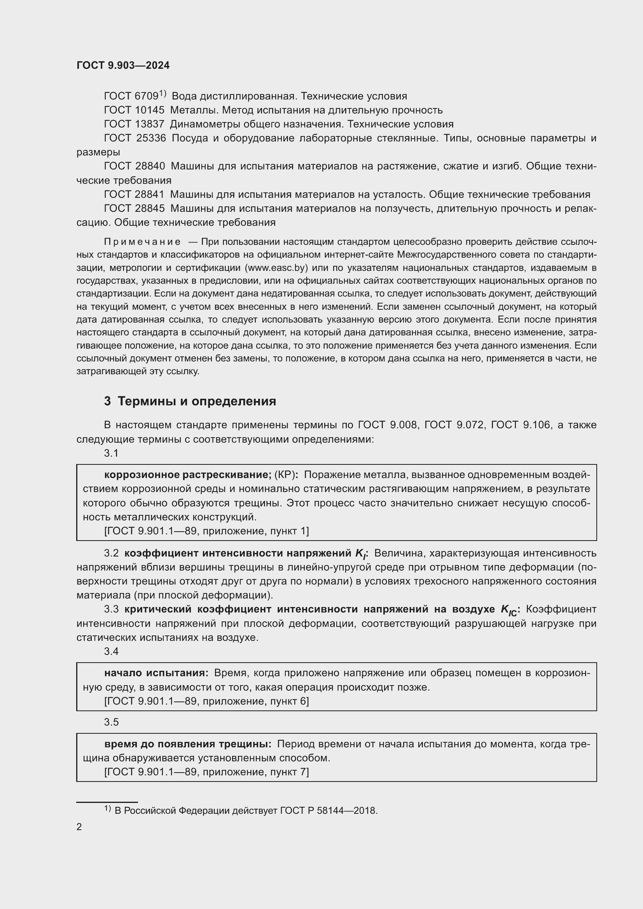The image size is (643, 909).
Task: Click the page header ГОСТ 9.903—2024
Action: [123, 65]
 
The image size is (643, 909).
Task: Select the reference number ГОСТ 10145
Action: [134, 110]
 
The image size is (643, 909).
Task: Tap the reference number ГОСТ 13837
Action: [134, 124]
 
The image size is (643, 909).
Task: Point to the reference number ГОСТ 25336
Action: [135, 138]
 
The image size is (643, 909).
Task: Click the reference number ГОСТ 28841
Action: [134, 194]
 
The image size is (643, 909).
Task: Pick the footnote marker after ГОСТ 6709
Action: [163, 94]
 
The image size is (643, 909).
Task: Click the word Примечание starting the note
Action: [142, 242]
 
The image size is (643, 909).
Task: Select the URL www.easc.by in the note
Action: [277, 268]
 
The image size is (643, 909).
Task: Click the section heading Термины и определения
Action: [197, 401]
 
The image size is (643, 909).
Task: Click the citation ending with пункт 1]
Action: [206, 531]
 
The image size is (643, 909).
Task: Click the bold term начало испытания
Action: [156, 673]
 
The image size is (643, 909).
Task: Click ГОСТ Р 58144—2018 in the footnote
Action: [328, 811]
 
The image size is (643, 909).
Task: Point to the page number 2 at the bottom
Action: [79, 827]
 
